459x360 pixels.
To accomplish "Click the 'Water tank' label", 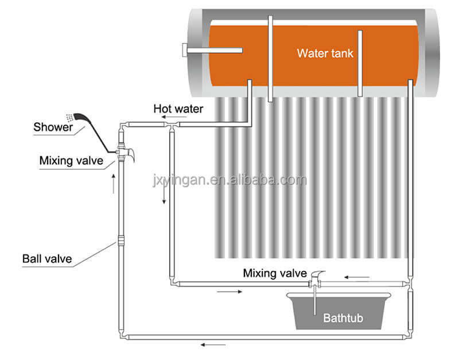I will click(325, 53).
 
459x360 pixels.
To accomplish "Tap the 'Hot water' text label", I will click(178, 108).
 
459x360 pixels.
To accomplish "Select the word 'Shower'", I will click(53, 127).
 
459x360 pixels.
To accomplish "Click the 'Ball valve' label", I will click(47, 258).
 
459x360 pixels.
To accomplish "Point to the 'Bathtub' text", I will click(343, 318).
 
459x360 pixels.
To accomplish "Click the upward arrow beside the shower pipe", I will click(113, 183).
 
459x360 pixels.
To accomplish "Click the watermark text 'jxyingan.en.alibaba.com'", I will click(247, 180).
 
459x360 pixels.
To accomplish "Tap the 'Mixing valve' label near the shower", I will click(71, 160).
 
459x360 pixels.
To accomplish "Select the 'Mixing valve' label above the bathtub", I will click(275, 273).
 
